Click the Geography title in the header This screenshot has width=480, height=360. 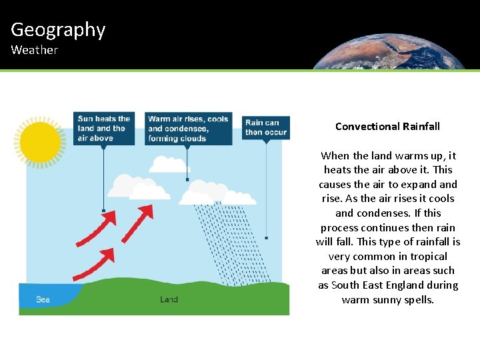click(58, 30)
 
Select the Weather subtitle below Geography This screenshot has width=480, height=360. click(34, 50)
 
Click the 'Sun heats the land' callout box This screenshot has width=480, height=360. click(104, 129)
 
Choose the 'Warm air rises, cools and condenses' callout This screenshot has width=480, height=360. click(188, 129)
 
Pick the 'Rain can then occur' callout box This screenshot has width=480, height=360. click(266, 127)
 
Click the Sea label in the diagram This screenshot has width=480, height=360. click(43, 299)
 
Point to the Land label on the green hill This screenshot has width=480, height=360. click(169, 299)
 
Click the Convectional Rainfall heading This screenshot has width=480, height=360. click(387, 127)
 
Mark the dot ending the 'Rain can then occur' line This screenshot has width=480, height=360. click(266, 237)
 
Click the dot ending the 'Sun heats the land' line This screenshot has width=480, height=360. click(103, 211)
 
